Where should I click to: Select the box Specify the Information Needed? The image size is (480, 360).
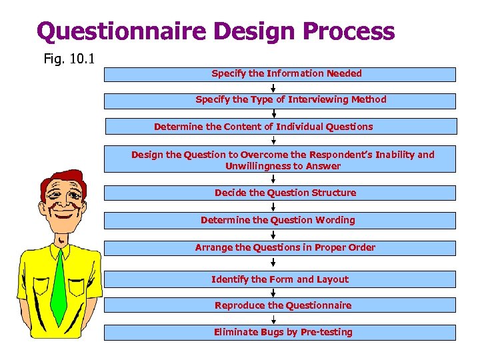[280, 74]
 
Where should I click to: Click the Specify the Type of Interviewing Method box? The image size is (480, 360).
[280, 100]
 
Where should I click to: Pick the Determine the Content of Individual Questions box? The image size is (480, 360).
[280, 127]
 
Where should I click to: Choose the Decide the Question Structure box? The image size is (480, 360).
[280, 193]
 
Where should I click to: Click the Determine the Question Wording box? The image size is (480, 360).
[280, 220]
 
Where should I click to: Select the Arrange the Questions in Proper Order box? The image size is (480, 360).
[280, 247]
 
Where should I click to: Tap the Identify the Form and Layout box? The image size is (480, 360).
[280, 279]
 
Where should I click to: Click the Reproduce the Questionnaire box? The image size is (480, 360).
[280, 305]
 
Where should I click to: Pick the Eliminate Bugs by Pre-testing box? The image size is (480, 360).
[280, 332]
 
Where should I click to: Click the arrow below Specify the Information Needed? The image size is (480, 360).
[273, 87]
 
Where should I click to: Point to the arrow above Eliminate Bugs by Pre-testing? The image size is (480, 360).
[273, 319]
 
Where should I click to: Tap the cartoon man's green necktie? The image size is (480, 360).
[59, 287]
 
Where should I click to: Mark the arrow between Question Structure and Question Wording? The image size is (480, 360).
[273, 207]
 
